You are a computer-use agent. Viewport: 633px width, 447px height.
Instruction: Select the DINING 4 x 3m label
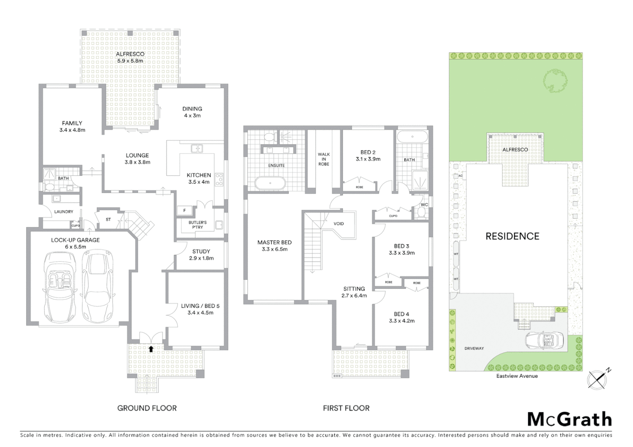coord(192,112)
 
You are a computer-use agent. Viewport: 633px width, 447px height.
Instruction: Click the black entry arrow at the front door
coord(151,349)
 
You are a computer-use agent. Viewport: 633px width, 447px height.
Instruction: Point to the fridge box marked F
coord(184,211)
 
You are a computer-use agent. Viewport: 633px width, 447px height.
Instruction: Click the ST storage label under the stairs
coord(108,219)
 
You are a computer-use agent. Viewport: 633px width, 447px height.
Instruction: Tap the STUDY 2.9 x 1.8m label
coord(201,255)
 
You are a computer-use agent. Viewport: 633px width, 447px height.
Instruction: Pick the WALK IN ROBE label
coord(324,159)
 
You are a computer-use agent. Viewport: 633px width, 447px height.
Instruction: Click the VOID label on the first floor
coord(338,224)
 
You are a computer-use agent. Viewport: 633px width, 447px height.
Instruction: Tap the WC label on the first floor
coord(424,205)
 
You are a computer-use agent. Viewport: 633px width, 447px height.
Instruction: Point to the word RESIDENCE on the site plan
coord(512,236)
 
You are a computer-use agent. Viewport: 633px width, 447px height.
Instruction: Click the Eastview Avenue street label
coord(517,376)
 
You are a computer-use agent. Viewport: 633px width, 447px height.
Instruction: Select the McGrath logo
coord(569,419)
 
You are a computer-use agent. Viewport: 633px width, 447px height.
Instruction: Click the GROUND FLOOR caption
coord(147,408)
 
